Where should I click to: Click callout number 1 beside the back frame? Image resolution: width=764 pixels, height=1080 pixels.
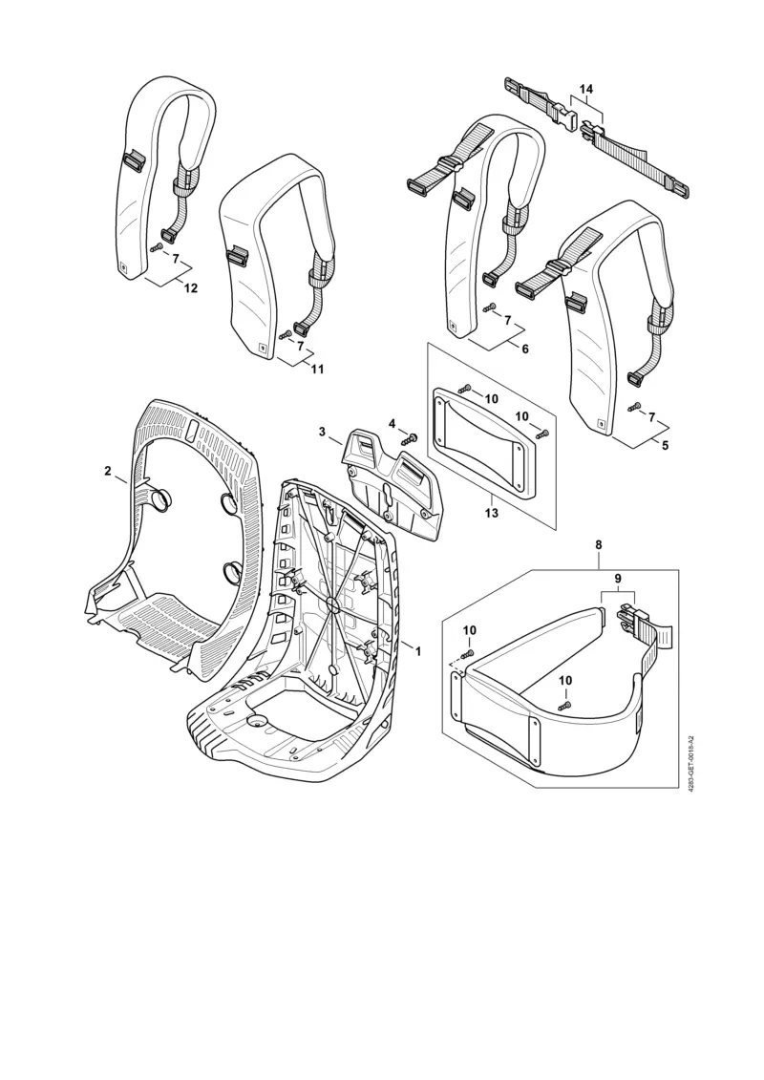(416, 648)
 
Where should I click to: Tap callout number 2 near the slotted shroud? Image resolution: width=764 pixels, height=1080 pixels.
(108, 471)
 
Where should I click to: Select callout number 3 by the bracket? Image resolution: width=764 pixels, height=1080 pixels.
(324, 432)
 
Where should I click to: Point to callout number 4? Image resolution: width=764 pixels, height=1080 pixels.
(392, 423)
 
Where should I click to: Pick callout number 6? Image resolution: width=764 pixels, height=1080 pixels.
(524, 349)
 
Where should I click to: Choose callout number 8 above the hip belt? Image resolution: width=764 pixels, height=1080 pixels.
(599, 544)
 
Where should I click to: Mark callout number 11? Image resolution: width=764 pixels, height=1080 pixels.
(317, 369)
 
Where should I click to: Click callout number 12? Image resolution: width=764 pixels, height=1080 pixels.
(190, 288)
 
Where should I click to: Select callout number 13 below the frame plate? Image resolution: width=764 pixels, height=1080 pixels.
(492, 513)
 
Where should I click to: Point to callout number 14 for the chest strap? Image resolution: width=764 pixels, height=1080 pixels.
(585, 89)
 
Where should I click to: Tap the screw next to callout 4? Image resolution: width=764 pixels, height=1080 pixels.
(412, 438)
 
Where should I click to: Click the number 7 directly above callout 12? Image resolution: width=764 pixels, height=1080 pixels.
(175, 257)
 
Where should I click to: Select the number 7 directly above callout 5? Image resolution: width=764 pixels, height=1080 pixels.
(651, 417)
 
